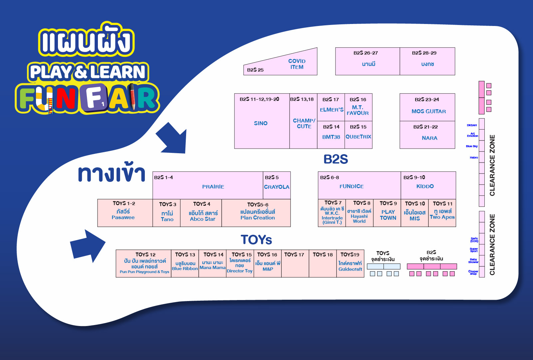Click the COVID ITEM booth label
click(297, 64)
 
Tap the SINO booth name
click(261, 123)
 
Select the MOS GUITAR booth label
click(428, 111)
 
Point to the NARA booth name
click(429, 138)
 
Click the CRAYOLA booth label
click(277, 187)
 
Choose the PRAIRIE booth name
click(213, 186)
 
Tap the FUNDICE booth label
click(352, 186)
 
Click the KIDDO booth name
click(425, 186)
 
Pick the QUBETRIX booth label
click(358, 137)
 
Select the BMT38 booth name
click(331, 137)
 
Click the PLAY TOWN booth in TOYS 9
click(388, 215)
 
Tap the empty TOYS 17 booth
click(295, 265)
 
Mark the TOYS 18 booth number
click(323, 254)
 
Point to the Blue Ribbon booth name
click(185, 268)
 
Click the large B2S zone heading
click(336, 159)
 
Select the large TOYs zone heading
click(256, 240)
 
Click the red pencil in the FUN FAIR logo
click(133, 97)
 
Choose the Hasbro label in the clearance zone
click(474, 158)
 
